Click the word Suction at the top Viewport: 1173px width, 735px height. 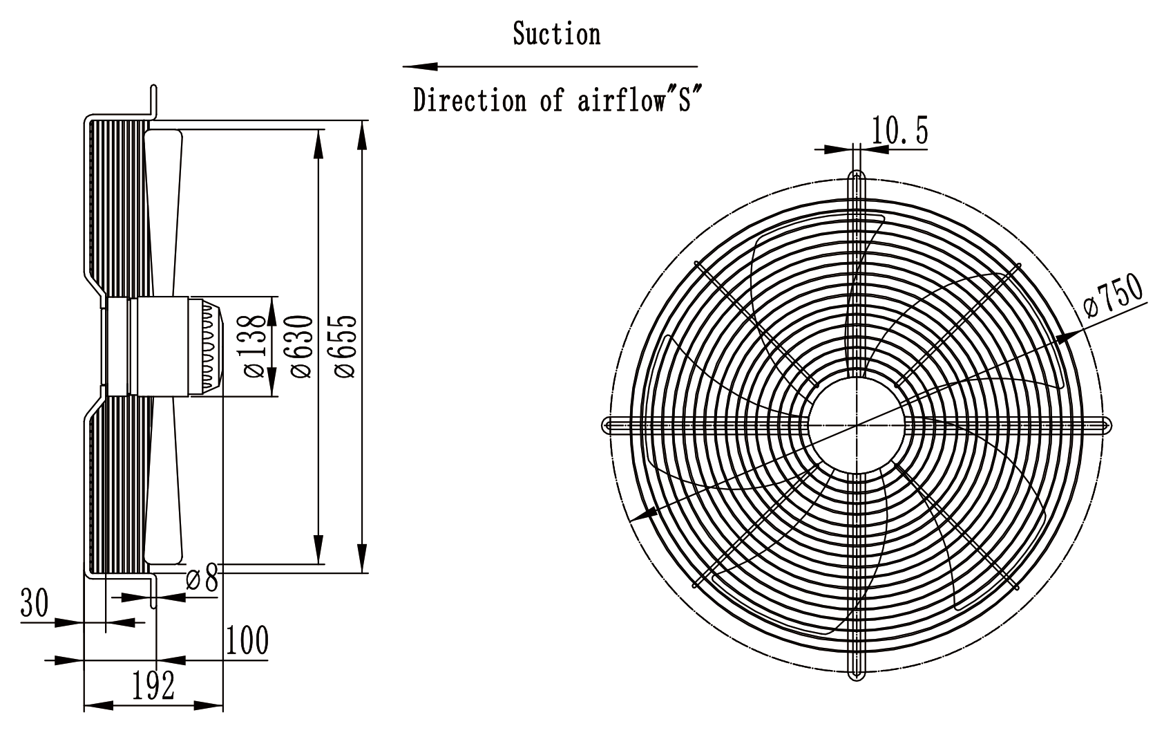[556, 34]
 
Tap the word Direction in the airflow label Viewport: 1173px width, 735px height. [470, 100]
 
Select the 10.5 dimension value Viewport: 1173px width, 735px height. [899, 131]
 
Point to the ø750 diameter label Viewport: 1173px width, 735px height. [1114, 295]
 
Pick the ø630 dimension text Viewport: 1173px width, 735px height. [301, 346]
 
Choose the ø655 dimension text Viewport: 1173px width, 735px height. [345, 346]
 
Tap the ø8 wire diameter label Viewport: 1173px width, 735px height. [202, 579]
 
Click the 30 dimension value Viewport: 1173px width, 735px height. [35, 602]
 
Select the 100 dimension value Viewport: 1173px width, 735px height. [247, 640]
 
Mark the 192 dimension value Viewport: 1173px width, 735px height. [153, 686]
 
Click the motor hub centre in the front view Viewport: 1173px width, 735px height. [857, 425]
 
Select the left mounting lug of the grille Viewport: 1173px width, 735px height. [616, 425]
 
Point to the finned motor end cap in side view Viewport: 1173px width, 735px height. [207, 346]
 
